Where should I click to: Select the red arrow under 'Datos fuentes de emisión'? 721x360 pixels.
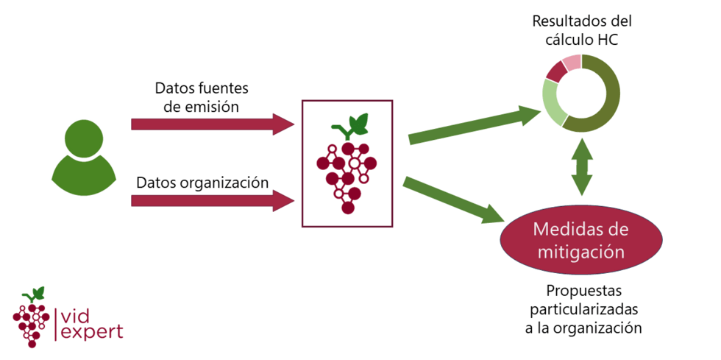pyautogui.click(x=213, y=124)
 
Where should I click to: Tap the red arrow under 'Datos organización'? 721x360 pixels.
pyautogui.click(x=213, y=201)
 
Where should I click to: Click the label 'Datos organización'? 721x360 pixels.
pyautogui.click(x=202, y=183)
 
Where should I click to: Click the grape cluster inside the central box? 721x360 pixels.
pyautogui.click(x=347, y=177)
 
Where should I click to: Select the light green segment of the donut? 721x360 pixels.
pyautogui.click(x=553, y=102)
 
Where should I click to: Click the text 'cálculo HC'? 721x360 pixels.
pyautogui.click(x=582, y=40)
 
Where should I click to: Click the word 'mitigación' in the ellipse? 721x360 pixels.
pyautogui.click(x=580, y=252)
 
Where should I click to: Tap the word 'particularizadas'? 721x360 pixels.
pyautogui.click(x=583, y=309)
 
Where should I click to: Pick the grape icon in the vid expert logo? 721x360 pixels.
pyautogui.click(x=31, y=317)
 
